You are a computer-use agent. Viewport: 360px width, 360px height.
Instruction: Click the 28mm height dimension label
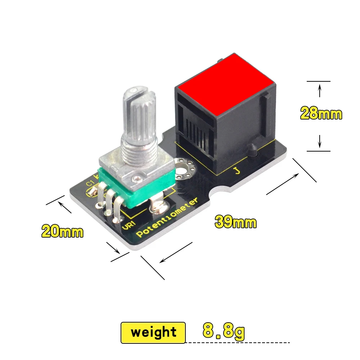tap(321, 114)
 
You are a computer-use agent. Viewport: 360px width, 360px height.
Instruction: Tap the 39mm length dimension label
tap(236, 222)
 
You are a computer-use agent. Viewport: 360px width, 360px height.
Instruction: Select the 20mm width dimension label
tap(62, 231)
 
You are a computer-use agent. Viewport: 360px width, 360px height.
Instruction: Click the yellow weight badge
tap(153, 332)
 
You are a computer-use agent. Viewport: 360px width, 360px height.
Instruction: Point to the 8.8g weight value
tap(224, 330)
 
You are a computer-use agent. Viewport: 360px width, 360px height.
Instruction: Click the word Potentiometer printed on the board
tap(167, 218)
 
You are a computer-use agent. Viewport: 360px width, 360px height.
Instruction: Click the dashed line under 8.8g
tap(238, 342)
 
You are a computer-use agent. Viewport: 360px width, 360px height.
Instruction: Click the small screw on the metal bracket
tap(138, 177)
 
